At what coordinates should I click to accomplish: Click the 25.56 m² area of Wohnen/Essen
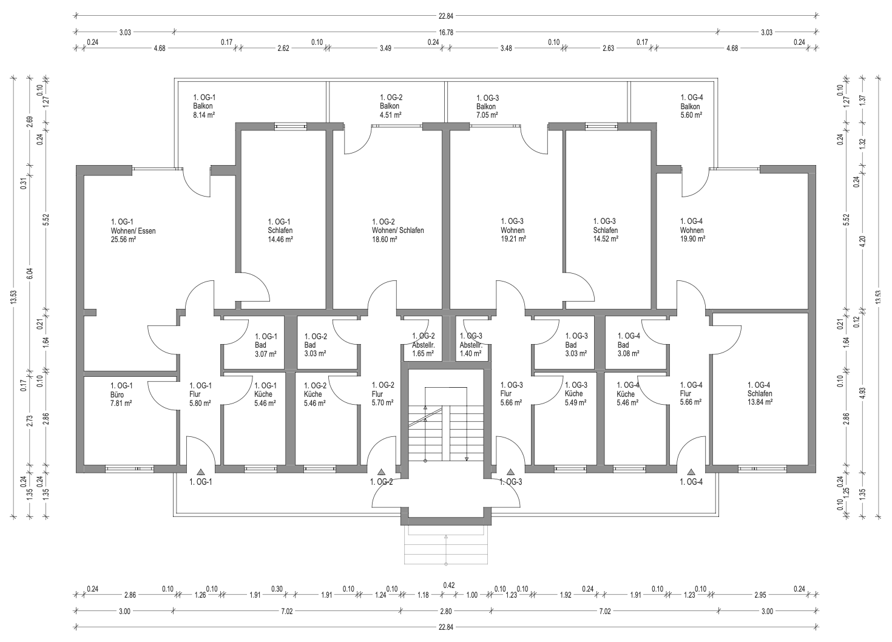[x=123, y=240]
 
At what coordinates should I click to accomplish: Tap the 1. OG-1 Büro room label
[x=121, y=394]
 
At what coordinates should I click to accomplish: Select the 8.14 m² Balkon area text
[x=204, y=115]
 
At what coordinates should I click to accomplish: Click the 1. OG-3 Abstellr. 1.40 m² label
[x=471, y=345]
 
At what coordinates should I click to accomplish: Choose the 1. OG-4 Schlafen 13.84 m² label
[x=760, y=393]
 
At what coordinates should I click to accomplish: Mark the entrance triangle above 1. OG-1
[x=201, y=472]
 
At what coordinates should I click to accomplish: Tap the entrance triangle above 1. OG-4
[x=691, y=472]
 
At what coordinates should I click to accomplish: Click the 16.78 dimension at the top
[x=446, y=32]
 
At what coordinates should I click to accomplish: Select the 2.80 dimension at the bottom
[x=446, y=611]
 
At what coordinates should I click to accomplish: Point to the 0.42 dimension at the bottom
[x=449, y=586]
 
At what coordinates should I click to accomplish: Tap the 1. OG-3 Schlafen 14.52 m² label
[x=606, y=230]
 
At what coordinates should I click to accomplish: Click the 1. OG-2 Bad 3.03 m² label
[x=316, y=345]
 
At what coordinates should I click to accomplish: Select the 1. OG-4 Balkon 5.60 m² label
[x=692, y=106]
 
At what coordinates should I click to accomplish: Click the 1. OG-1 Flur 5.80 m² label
[x=200, y=394]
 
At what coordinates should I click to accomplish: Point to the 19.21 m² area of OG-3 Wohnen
[x=513, y=239]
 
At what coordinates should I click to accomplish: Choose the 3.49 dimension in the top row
[x=385, y=48]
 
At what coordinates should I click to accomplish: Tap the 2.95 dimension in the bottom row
[x=760, y=595]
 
